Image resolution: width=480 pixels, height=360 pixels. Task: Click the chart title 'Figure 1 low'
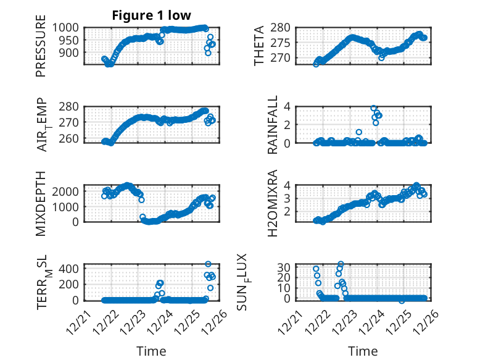(x=151, y=15)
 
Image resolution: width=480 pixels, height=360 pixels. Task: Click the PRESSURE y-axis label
(x=41, y=50)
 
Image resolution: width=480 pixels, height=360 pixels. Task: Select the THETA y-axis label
(x=260, y=44)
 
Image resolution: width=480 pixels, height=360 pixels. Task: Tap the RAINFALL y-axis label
(x=272, y=125)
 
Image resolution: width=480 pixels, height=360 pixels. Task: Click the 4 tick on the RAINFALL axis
(x=287, y=106)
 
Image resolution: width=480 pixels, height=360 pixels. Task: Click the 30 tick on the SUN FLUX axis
(x=284, y=267)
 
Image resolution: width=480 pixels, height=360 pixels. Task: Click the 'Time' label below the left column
(x=151, y=351)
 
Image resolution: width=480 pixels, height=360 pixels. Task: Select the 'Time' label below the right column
(x=363, y=351)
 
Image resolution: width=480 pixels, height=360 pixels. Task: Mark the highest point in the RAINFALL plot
(x=374, y=108)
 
